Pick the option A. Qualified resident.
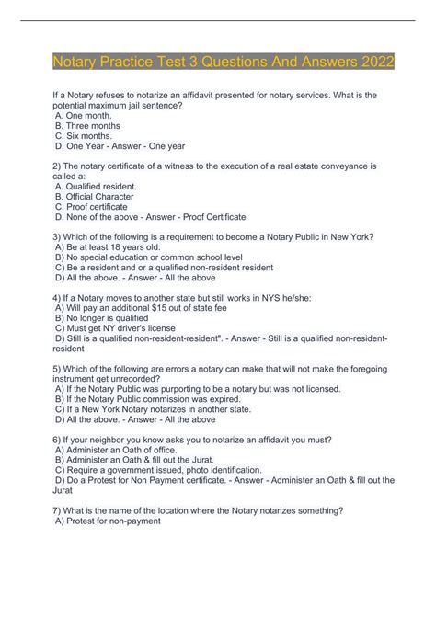pyautogui.click(x=96, y=186)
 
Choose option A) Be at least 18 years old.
pyautogui.click(x=108, y=246)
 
